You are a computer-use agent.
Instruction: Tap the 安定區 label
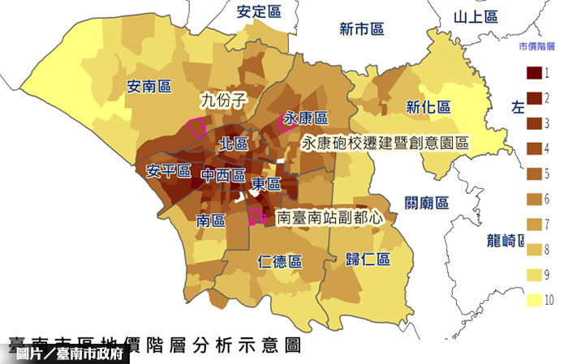(x=259, y=11)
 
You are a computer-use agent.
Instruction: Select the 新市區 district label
(x=361, y=30)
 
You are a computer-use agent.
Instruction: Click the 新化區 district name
(x=428, y=107)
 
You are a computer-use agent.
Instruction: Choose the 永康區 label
(x=306, y=118)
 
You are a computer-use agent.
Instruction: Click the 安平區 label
(x=168, y=172)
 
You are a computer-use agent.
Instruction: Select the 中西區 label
(x=223, y=175)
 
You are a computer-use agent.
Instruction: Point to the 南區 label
(x=211, y=220)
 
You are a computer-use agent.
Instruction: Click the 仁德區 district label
(x=279, y=262)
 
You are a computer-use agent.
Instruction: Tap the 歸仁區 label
(x=368, y=259)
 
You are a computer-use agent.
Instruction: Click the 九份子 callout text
(x=223, y=101)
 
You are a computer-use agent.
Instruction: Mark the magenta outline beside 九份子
(x=196, y=126)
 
